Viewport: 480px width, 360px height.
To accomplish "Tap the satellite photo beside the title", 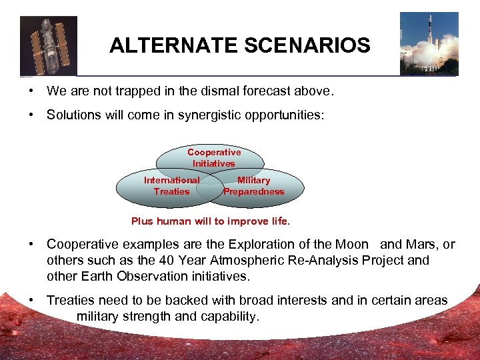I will pyautogui.click(x=49, y=45).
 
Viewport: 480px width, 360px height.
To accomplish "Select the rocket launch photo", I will pyautogui.click(x=429, y=43).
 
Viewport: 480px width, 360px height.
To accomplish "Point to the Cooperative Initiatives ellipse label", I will pyautogui.click(x=214, y=158).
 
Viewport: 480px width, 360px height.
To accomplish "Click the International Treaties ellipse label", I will pyautogui.click(x=171, y=186).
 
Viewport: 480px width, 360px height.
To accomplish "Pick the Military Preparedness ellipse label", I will pyautogui.click(x=253, y=186).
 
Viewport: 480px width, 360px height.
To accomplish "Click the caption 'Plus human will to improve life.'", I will pyautogui.click(x=211, y=221).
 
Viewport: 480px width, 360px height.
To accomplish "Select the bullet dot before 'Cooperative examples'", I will pyautogui.click(x=31, y=245).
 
